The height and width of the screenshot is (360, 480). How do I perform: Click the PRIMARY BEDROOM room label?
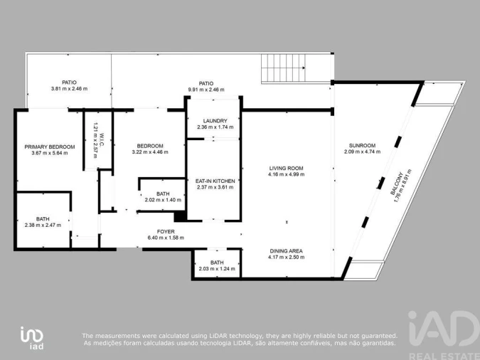41,146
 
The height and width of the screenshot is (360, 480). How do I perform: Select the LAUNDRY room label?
214,121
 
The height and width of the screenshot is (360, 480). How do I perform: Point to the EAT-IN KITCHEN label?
215,181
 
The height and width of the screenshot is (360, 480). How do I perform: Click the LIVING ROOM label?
286,169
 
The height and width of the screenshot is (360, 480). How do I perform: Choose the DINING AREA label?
286,250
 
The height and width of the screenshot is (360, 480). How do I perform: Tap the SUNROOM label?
359,145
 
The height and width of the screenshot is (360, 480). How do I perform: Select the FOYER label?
165,231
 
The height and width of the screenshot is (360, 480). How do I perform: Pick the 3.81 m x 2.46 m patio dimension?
68,89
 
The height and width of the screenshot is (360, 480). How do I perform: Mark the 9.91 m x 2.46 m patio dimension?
206,90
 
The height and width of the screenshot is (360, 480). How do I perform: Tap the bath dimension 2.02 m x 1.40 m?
163,200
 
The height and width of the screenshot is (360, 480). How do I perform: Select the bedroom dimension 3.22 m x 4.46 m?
150,152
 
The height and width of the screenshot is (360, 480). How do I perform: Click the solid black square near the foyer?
180,216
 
